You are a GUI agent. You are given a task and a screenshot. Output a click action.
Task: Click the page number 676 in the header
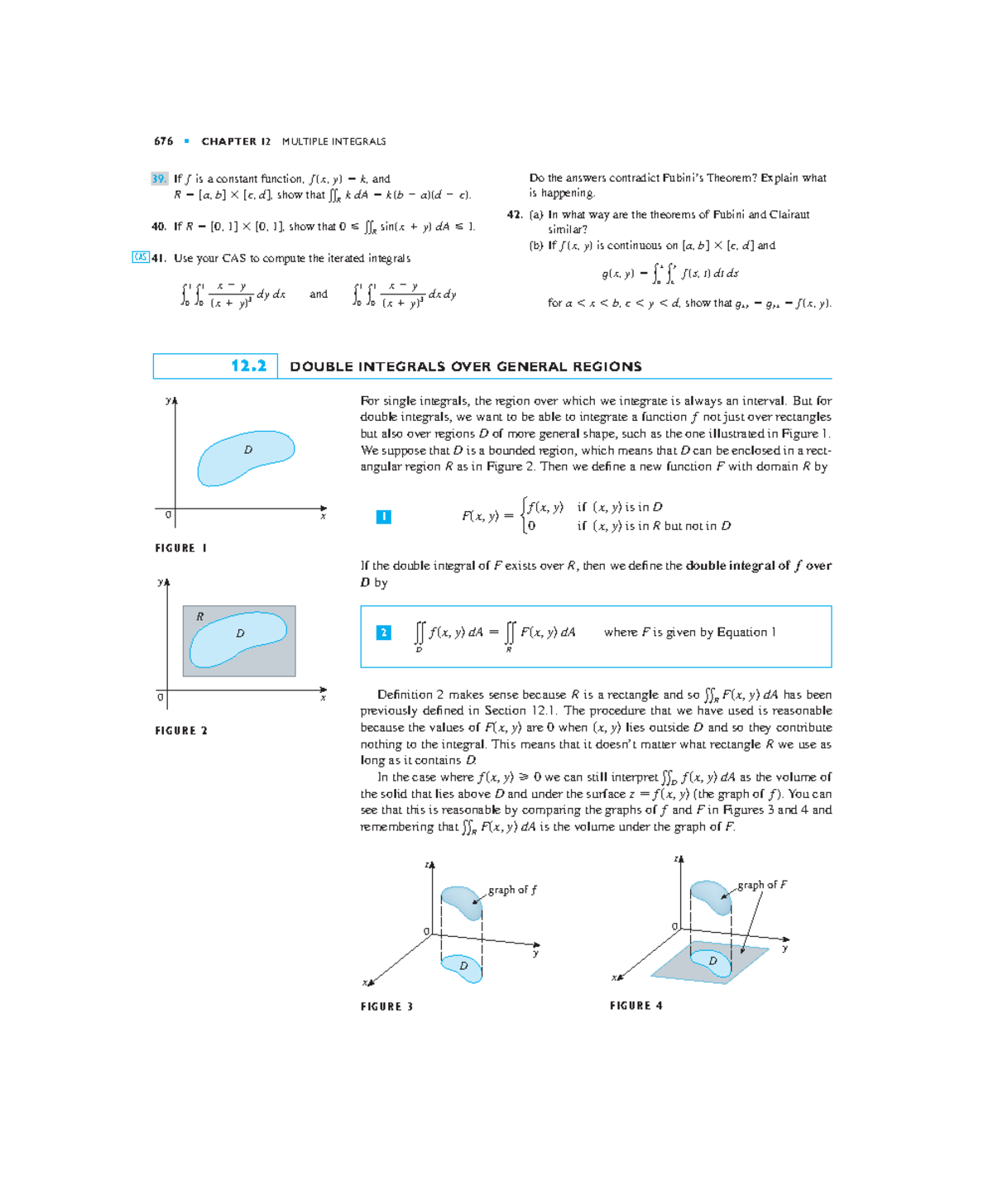click(163, 141)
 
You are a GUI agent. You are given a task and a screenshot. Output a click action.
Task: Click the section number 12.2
click(248, 366)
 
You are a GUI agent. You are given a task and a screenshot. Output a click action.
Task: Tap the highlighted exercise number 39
click(159, 179)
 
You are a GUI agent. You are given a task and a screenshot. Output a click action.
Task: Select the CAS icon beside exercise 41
click(141, 257)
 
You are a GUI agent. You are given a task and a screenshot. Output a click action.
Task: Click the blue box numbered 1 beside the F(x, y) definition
click(383, 517)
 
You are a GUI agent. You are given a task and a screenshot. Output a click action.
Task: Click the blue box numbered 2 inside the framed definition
click(383, 633)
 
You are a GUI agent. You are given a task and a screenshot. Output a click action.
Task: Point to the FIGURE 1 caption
click(180, 548)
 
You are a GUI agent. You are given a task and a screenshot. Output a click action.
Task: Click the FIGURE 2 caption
click(180, 731)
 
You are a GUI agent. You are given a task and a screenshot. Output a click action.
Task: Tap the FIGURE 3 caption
click(386, 1006)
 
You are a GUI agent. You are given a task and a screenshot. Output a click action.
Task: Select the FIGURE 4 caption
click(636, 1006)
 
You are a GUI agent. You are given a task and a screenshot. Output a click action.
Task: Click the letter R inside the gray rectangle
click(199, 617)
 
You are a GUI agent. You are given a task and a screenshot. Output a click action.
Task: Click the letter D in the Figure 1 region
click(247, 450)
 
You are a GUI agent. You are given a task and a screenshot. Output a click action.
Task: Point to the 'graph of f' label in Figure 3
click(512, 890)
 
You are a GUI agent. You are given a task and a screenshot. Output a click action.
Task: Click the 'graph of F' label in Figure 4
click(762, 885)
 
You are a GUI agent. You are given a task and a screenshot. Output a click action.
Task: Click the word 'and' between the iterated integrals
click(319, 294)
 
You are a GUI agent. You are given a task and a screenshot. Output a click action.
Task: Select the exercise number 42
click(514, 214)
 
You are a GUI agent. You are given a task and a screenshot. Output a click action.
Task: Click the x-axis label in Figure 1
click(323, 517)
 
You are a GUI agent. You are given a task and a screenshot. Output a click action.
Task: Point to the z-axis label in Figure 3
click(428, 865)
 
